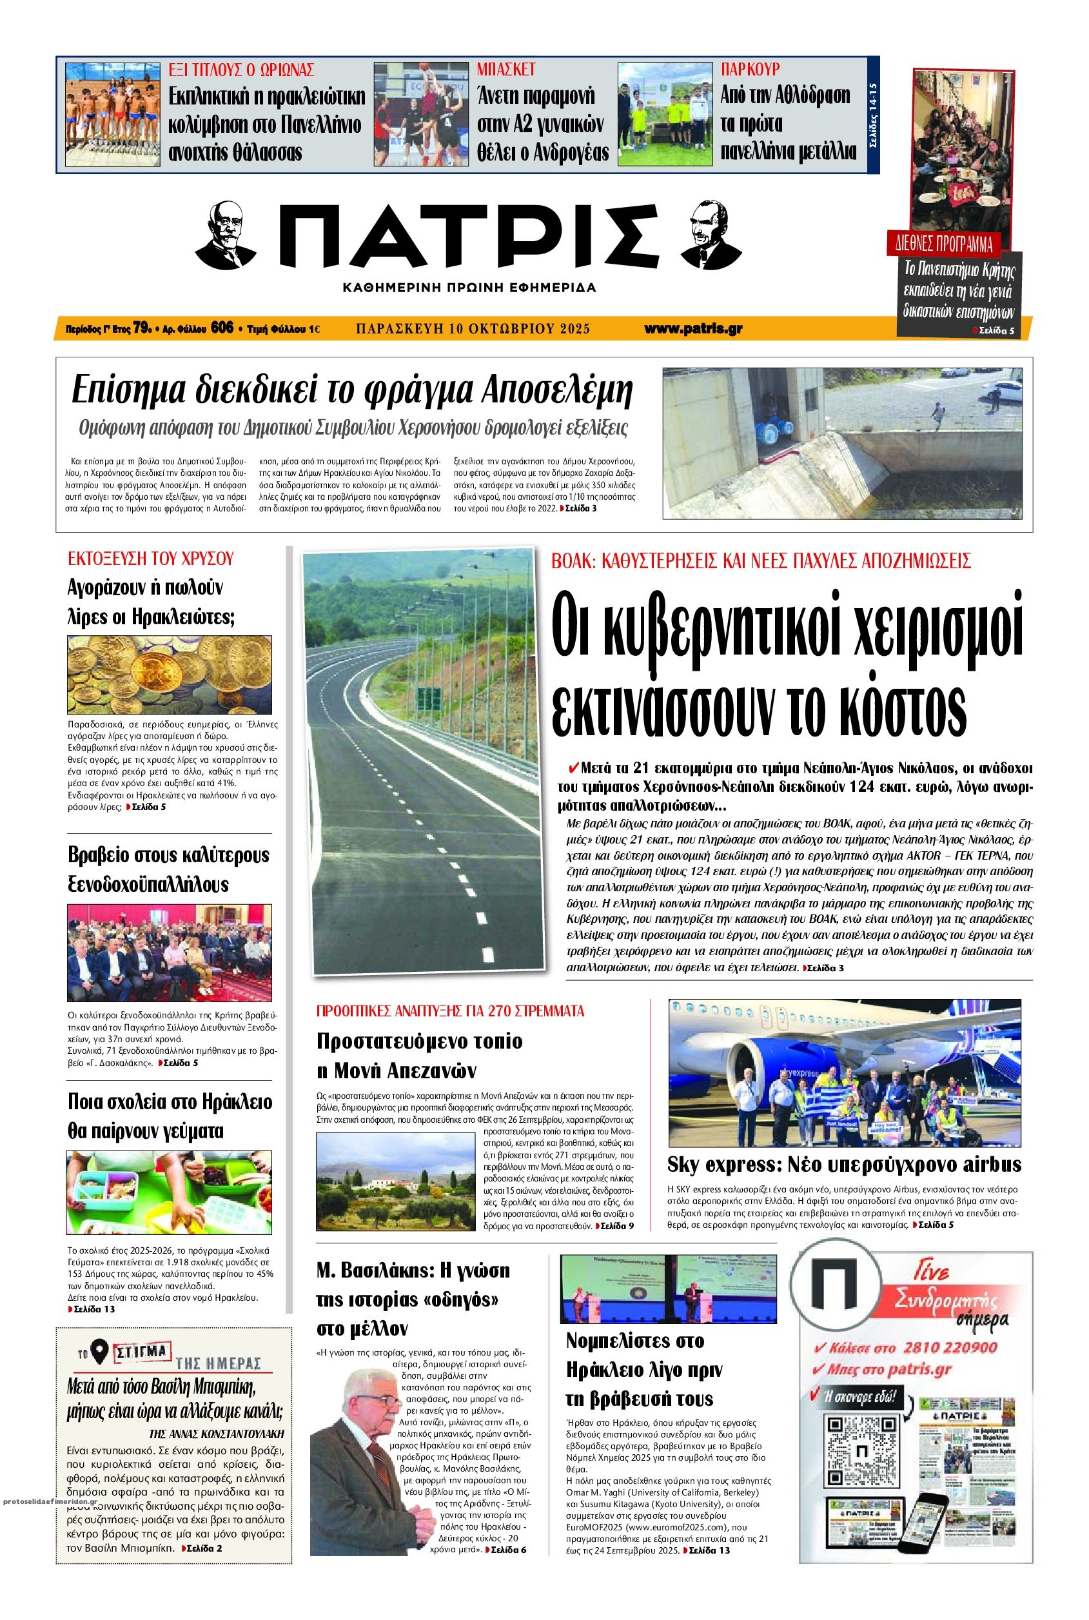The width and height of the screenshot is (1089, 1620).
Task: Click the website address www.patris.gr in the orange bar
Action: (x=692, y=329)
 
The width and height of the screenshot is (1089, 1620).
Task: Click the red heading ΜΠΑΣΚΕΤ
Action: (x=505, y=69)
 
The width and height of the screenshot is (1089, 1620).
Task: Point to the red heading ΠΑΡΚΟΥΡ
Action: (x=750, y=69)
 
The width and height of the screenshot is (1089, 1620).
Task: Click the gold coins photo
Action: (x=172, y=673)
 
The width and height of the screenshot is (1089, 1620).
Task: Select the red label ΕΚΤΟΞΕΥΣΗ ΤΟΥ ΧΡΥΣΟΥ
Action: (x=150, y=559)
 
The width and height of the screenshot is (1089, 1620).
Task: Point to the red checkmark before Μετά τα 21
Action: (x=573, y=768)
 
